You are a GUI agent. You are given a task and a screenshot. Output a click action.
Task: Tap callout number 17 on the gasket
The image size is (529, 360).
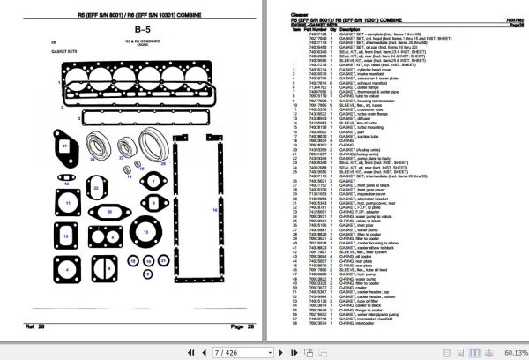[64, 144]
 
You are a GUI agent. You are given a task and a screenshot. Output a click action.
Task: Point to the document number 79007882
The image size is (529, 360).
[507, 19]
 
